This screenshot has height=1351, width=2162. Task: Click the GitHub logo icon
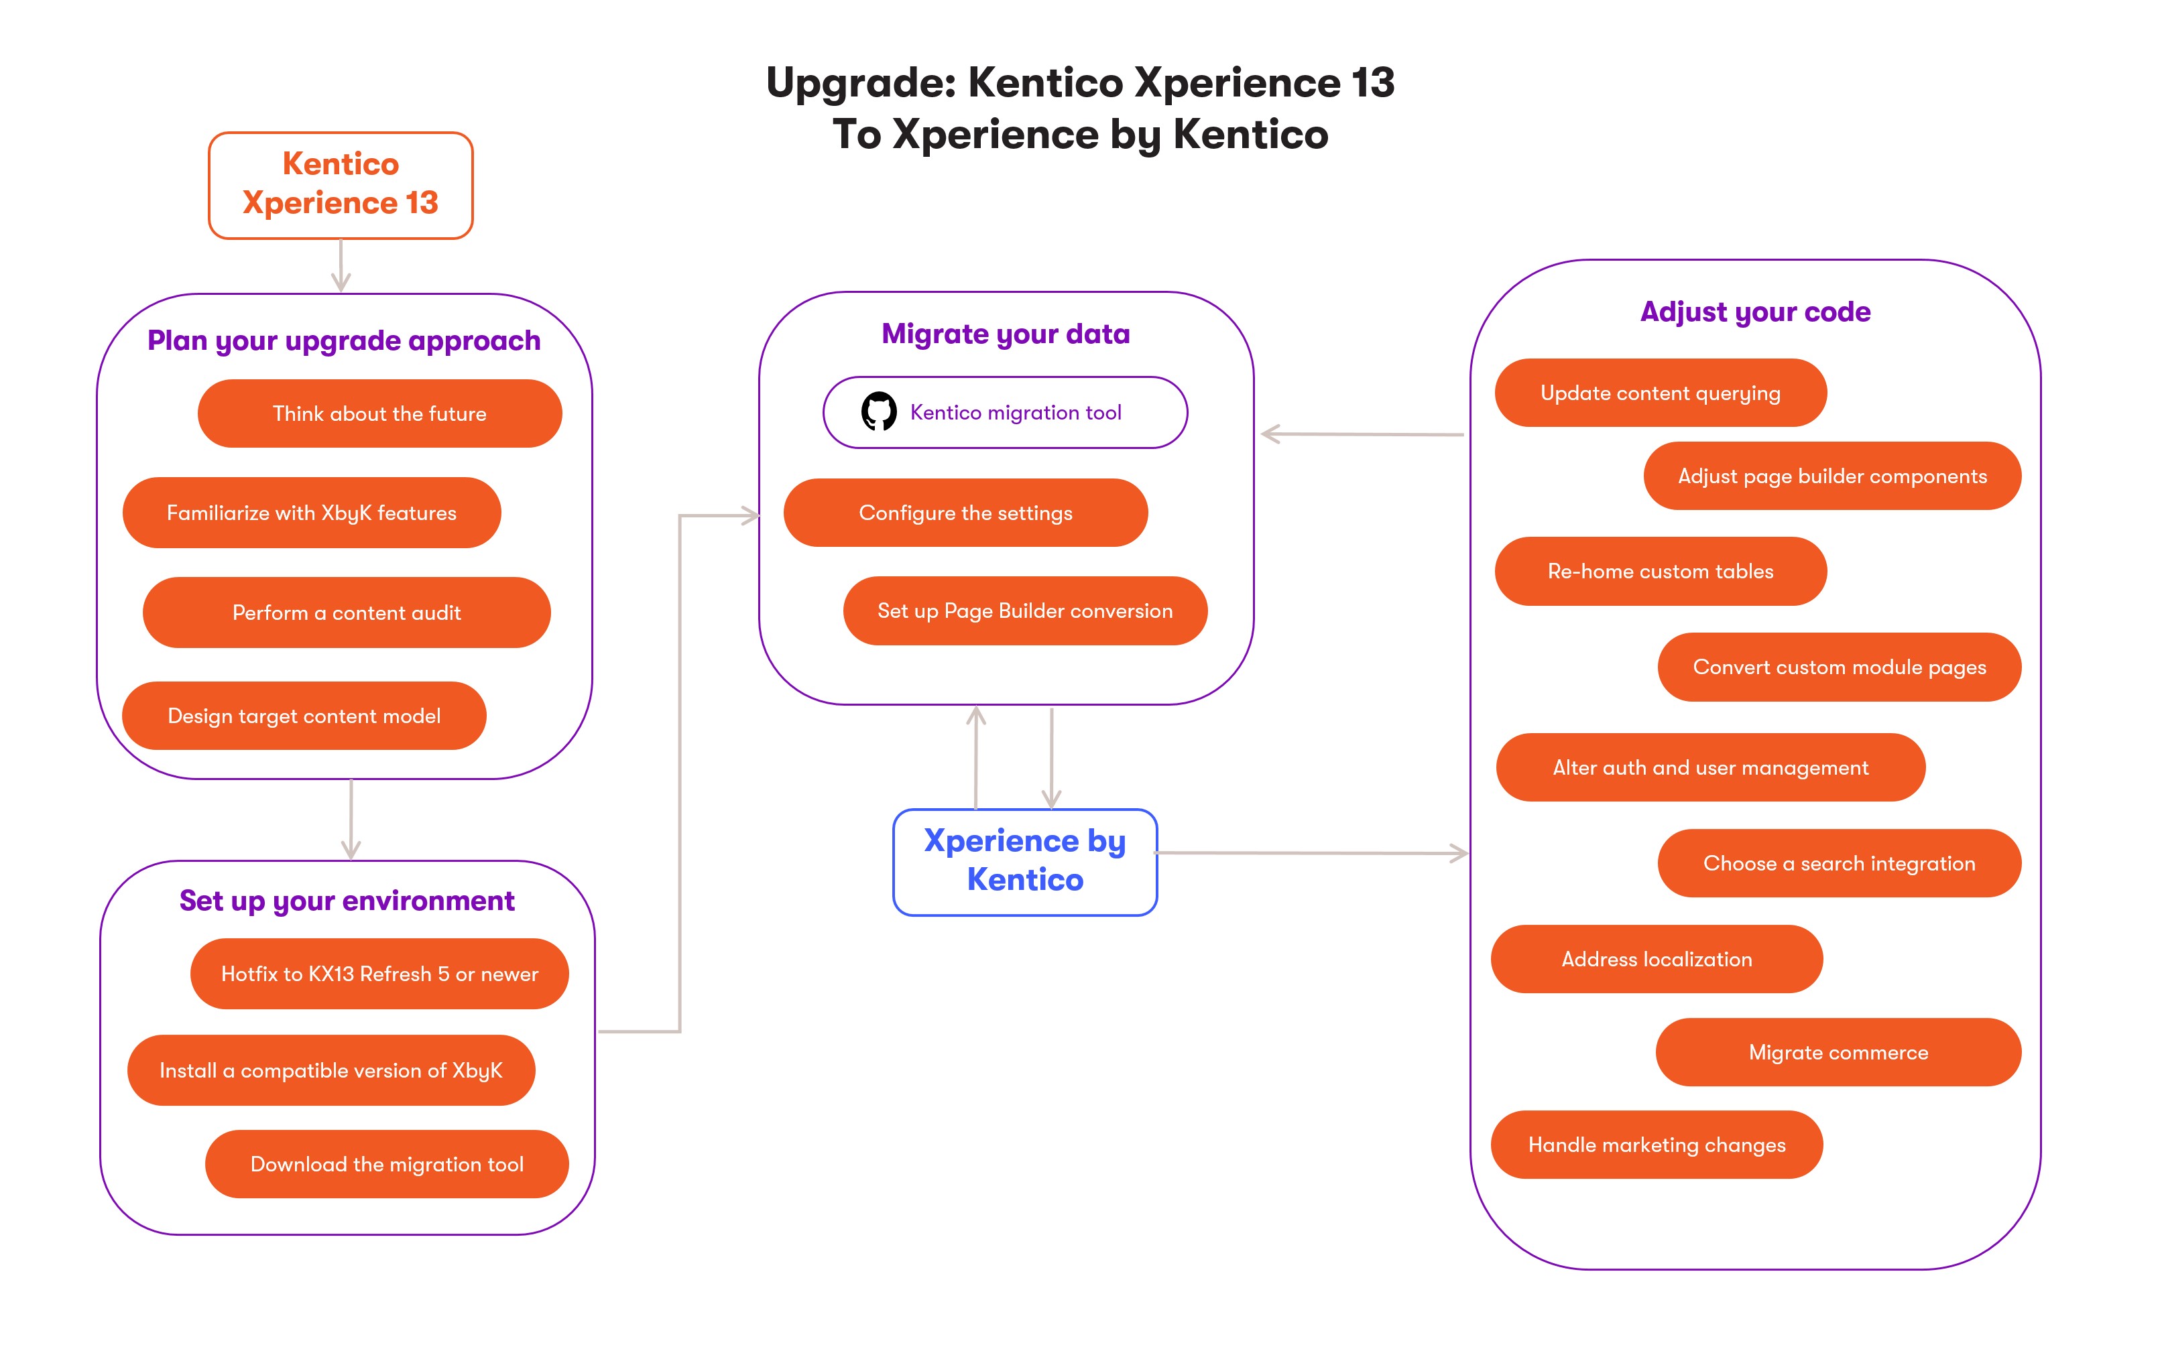coord(879,412)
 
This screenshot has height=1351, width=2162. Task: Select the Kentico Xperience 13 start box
coord(341,185)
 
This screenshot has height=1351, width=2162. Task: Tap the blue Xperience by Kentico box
coord(1024,861)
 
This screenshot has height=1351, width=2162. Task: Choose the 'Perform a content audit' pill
coord(346,613)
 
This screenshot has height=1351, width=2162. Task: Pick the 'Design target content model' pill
coord(304,716)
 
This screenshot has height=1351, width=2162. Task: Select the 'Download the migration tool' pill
coord(386,1164)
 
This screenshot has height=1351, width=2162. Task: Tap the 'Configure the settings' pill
coord(965,513)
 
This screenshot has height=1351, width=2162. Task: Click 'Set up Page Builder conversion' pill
coord(1024,611)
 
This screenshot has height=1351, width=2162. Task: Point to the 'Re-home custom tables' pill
coord(1660,572)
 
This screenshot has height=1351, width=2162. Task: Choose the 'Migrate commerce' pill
coord(1838,1053)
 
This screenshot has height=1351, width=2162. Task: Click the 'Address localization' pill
coord(1656,960)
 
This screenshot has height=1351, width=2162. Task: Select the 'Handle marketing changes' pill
coord(1656,1145)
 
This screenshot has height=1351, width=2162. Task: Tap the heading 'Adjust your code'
coord(1754,312)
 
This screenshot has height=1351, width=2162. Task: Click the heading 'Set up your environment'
coord(347,901)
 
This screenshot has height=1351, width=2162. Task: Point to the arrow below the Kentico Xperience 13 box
coord(341,265)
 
